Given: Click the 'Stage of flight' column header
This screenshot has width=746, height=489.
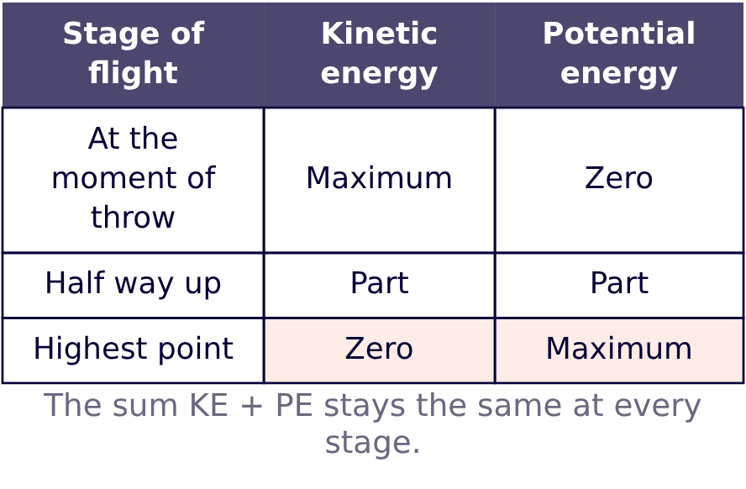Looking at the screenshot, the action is click(134, 55).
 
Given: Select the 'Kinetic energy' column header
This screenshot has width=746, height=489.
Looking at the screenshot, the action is click(379, 55).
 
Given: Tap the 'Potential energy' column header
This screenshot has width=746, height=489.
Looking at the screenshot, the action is click(619, 55).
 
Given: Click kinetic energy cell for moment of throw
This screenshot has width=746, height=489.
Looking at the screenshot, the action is click(379, 180).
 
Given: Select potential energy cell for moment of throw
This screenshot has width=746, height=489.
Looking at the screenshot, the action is click(619, 180).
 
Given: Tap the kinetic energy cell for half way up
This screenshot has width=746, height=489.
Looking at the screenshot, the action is click(379, 285).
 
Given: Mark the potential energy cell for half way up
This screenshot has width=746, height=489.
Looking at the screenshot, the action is click(619, 285).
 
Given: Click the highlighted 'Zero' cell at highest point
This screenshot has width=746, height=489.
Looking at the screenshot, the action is click(379, 350).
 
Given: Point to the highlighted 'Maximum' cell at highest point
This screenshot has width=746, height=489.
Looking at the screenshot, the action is click(619, 350).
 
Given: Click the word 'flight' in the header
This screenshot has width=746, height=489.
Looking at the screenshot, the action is click(134, 74).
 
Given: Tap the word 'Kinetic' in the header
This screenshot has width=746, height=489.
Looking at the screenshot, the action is click(379, 34).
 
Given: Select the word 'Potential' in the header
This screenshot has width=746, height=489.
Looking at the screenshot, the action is click(619, 34).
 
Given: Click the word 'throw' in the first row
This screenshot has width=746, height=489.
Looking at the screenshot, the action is click(133, 217).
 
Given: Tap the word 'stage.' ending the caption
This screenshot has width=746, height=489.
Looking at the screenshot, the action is click(372, 444).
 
